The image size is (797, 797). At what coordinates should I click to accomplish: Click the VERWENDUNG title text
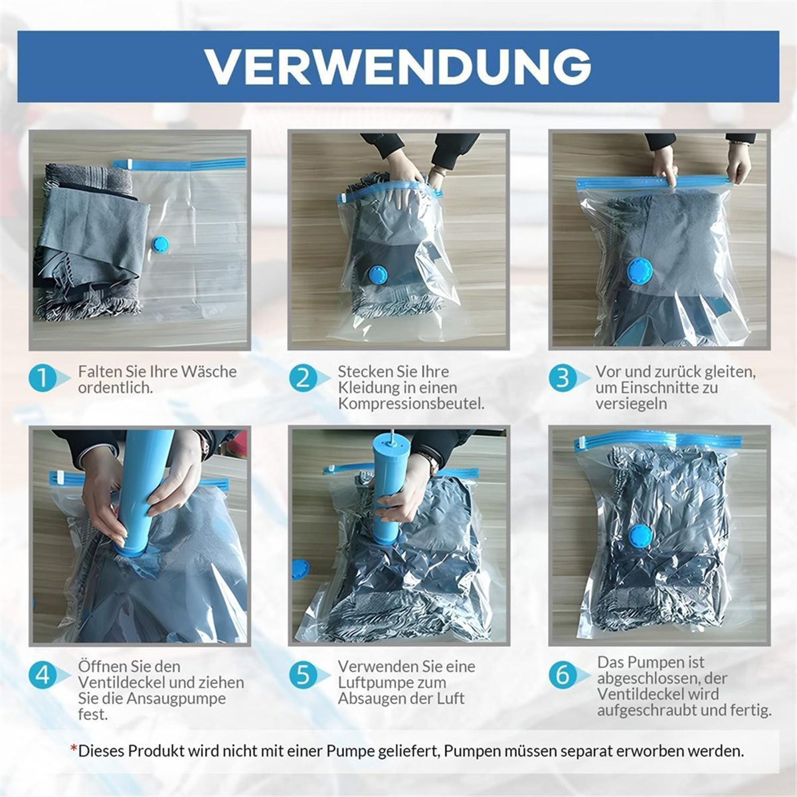[398, 66]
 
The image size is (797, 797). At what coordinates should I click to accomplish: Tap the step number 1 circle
[42, 379]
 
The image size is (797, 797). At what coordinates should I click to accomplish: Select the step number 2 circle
[302, 379]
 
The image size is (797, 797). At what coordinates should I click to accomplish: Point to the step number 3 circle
[562, 379]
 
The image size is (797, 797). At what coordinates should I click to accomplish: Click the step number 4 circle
[42, 675]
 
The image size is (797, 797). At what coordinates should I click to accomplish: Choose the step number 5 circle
[302, 675]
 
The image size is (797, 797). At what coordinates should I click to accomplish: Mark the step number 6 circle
[562, 675]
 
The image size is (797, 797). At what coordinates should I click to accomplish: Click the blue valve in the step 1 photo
[160, 244]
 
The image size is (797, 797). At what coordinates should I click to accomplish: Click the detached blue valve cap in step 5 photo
[300, 569]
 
